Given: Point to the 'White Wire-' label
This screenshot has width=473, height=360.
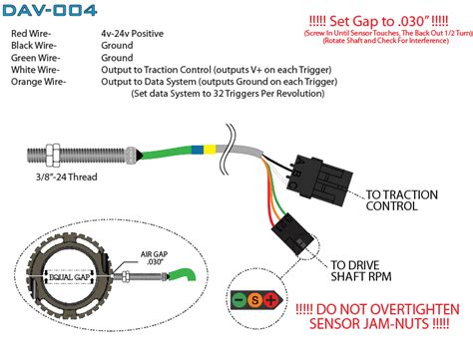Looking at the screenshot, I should (x=37, y=70).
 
